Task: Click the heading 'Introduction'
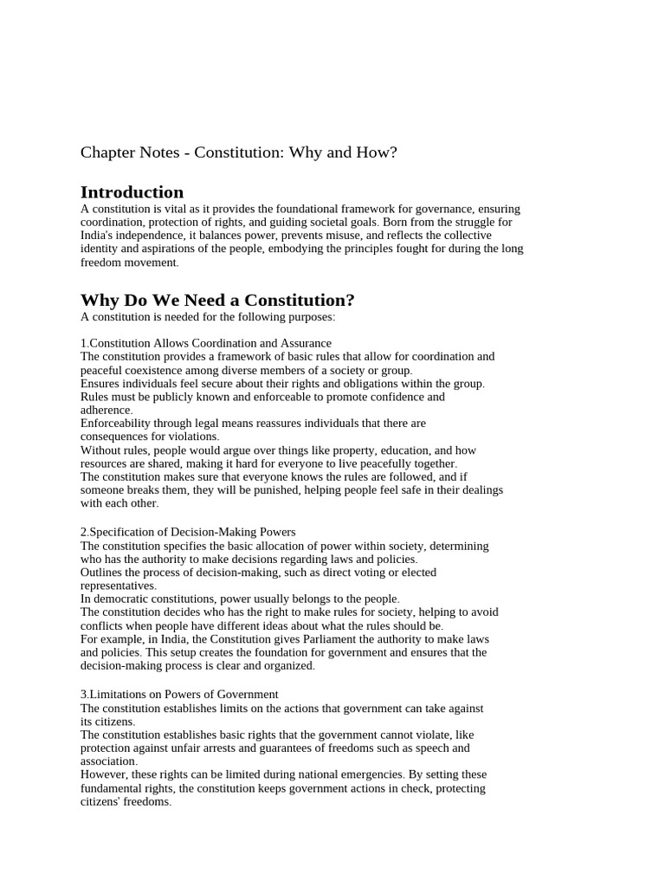coord(132,192)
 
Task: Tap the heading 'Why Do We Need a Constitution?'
coord(217,301)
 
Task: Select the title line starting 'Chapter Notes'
coord(238,152)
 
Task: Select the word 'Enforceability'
coord(117,424)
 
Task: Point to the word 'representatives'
coord(117,586)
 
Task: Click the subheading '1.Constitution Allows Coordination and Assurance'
coord(206,343)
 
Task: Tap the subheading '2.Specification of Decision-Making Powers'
coord(188,532)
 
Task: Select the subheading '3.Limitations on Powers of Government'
coord(179,694)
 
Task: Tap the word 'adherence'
coord(105,411)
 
